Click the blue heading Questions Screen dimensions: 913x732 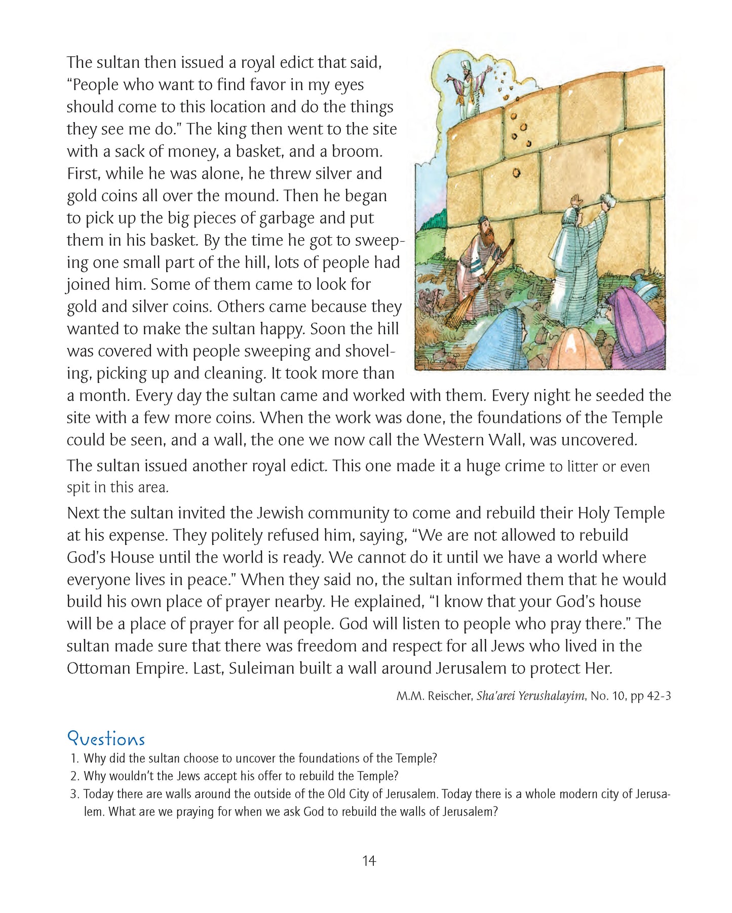click(106, 738)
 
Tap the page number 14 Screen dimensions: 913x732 click(369, 860)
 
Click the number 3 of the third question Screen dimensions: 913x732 click(74, 794)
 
